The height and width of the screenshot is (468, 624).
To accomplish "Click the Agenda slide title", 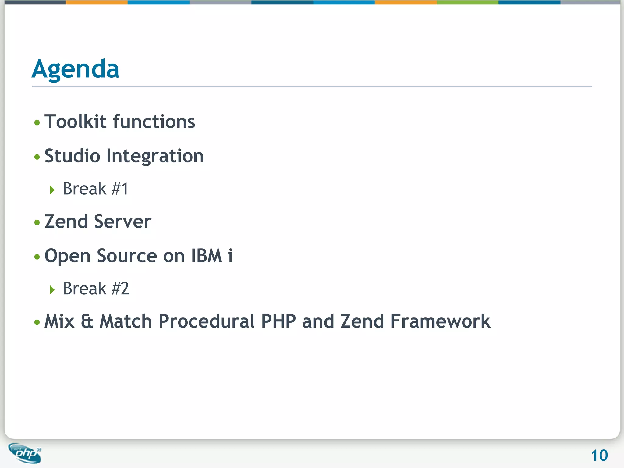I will pyautogui.click(x=75, y=69).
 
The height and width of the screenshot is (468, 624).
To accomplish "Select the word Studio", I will pyautogui.click(x=72, y=156).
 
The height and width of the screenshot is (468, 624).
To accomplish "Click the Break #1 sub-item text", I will pyautogui.click(x=95, y=189).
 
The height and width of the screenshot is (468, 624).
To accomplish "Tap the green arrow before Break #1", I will pyautogui.click(x=52, y=190).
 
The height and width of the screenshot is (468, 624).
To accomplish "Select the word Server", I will pyautogui.click(x=122, y=221).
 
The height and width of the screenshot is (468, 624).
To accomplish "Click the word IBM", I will pyautogui.click(x=206, y=256).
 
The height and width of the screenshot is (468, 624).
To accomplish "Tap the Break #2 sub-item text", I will pyautogui.click(x=96, y=289).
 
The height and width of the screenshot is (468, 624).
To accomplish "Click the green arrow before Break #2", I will pyautogui.click(x=52, y=289).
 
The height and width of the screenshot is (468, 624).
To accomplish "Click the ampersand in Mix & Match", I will pyautogui.click(x=87, y=321).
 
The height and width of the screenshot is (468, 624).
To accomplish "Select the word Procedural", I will pyautogui.click(x=206, y=321).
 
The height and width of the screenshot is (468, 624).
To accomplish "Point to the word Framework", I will pyautogui.click(x=440, y=321).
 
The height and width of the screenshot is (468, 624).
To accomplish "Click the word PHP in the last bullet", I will pyautogui.click(x=278, y=321).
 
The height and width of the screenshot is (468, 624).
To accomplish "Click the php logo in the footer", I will pyautogui.click(x=25, y=453).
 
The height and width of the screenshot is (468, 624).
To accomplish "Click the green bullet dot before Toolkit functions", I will pyautogui.click(x=37, y=123).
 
